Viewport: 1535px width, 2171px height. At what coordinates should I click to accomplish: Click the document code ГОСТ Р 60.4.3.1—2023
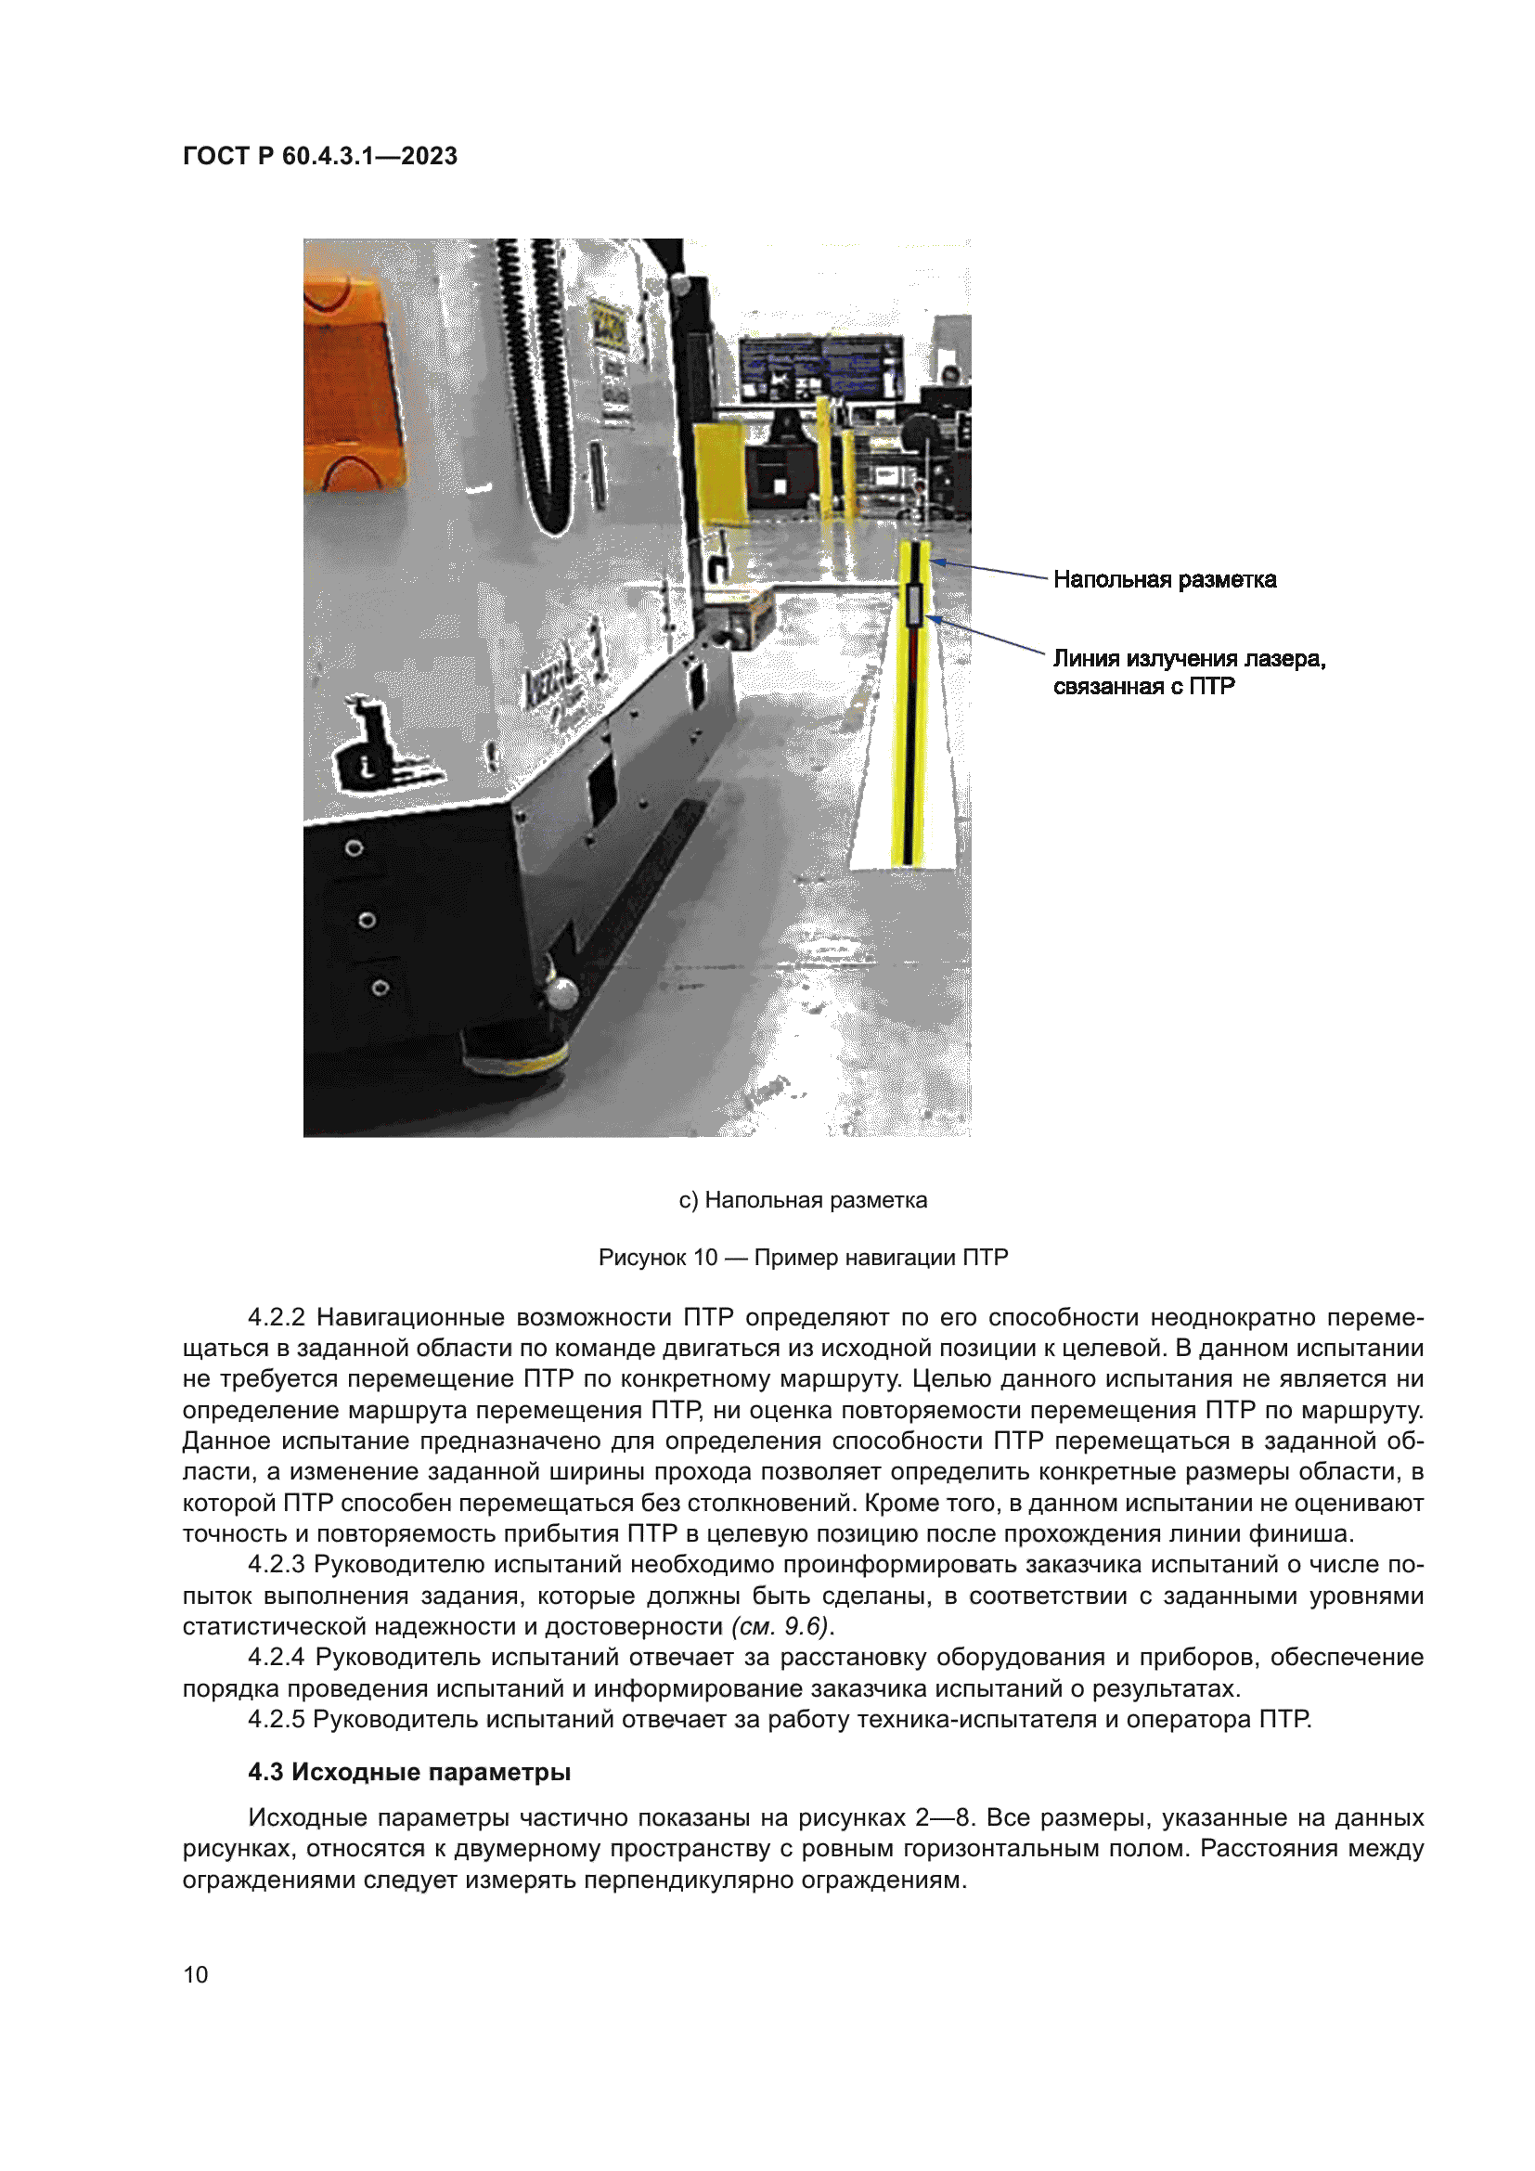[319, 156]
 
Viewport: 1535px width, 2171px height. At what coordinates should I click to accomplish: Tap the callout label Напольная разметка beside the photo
[1164, 579]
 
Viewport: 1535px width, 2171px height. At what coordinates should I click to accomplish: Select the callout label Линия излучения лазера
[1188, 659]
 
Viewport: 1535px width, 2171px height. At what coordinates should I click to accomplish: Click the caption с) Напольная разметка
[803, 1200]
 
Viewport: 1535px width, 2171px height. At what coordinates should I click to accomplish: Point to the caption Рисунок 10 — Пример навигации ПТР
[803, 1258]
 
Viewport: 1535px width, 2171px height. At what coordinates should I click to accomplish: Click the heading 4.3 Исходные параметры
[408, 1772]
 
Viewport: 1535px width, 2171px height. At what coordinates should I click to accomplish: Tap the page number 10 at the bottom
[196, 1974]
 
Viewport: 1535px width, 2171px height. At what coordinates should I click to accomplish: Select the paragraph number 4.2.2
[276, 1317]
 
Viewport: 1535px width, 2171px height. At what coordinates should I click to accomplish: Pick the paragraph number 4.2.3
[275, 1565]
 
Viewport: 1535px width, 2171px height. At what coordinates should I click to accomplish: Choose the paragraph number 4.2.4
[276, 1658]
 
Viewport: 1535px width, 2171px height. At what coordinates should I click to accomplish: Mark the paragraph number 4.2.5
[275, 1719]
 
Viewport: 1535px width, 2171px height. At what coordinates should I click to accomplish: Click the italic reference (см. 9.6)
[780, 1626]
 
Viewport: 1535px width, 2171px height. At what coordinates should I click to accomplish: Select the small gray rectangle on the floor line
[914, 606]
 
